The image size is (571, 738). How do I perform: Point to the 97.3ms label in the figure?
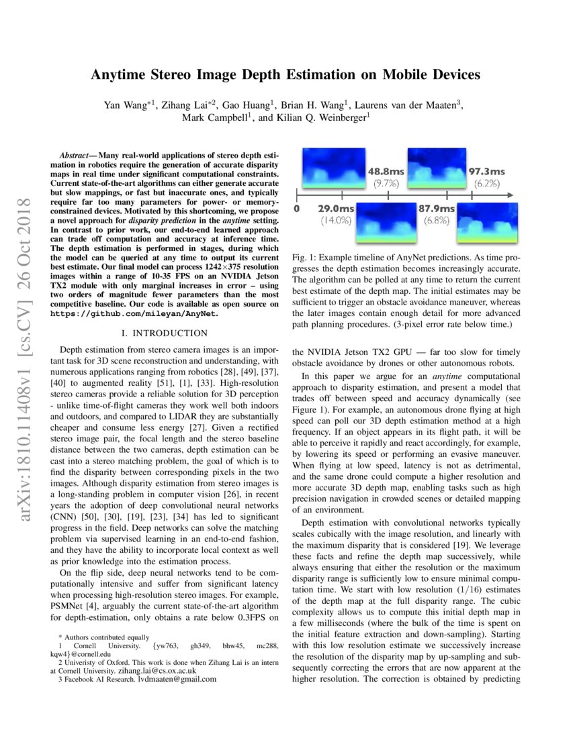coord(486,171)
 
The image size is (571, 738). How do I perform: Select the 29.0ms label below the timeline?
coord(336,209)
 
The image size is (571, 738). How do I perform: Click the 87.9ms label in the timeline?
coord(437,209)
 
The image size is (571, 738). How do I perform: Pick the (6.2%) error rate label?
coord(486,182)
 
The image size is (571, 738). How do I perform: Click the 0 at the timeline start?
coord(296,209)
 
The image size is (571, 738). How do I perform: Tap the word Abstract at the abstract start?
coord(75,155)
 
